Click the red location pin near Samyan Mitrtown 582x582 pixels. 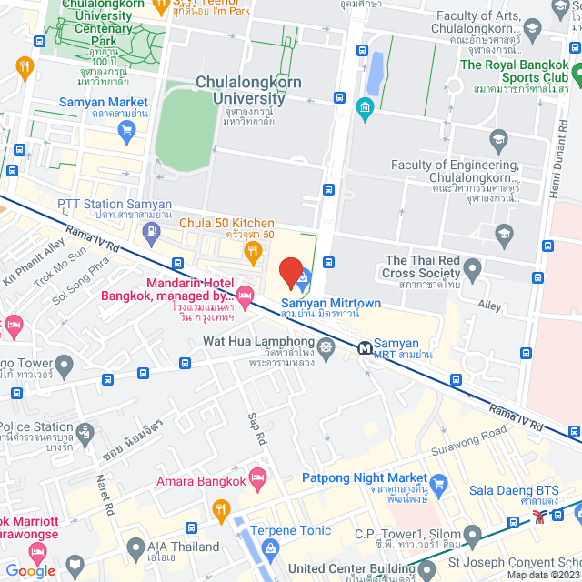290,272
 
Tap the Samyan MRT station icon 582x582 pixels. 366,347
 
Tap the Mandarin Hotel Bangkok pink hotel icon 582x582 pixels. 245,294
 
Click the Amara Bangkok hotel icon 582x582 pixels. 258,477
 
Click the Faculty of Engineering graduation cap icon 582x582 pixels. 497,140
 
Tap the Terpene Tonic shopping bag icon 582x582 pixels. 270,547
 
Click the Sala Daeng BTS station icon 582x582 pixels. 542,515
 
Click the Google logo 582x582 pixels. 31,570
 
